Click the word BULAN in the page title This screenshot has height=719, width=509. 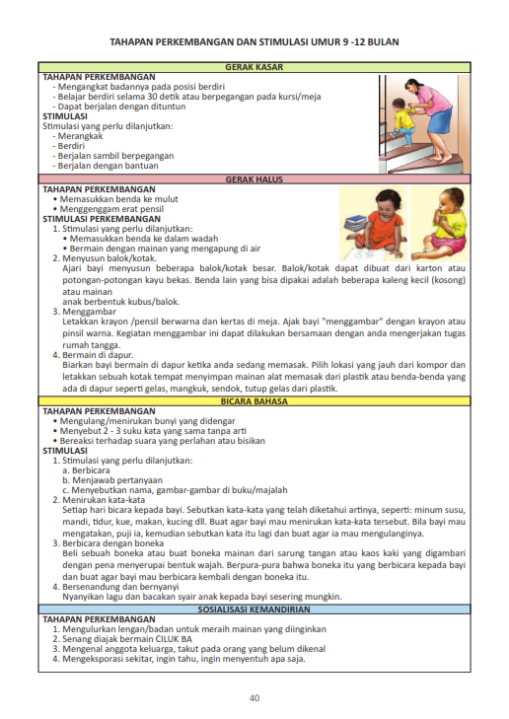click(x=382, y=42)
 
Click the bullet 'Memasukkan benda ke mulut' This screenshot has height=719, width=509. click(x=122, y=198)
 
